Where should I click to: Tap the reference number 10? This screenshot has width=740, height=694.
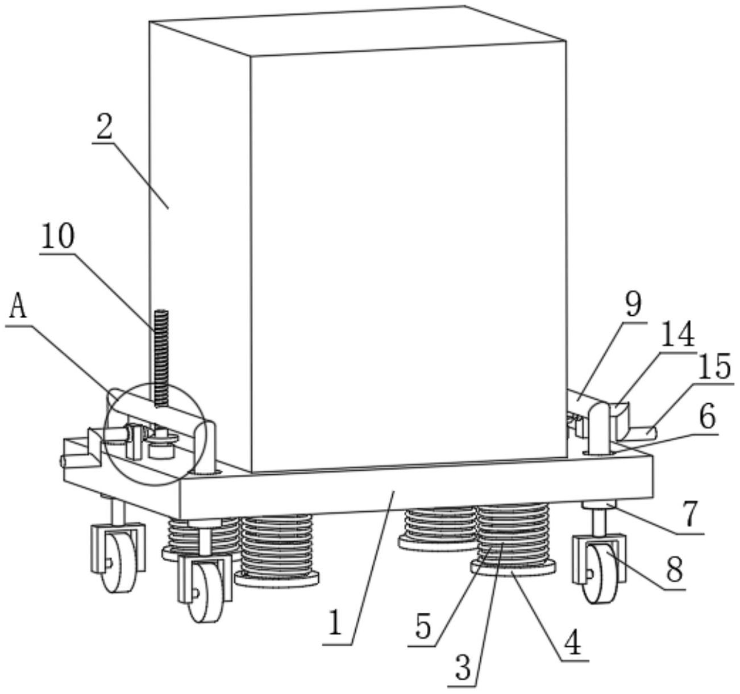[x=57, y=237]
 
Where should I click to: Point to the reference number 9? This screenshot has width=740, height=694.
[x=632, y=306]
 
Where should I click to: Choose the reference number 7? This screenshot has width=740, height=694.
[x=689, y=515]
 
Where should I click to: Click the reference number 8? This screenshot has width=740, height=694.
[x=675, y=570]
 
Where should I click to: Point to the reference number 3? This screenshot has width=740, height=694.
[x=464, y=667]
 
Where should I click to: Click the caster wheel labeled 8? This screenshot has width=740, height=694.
[x=598, y=574]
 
